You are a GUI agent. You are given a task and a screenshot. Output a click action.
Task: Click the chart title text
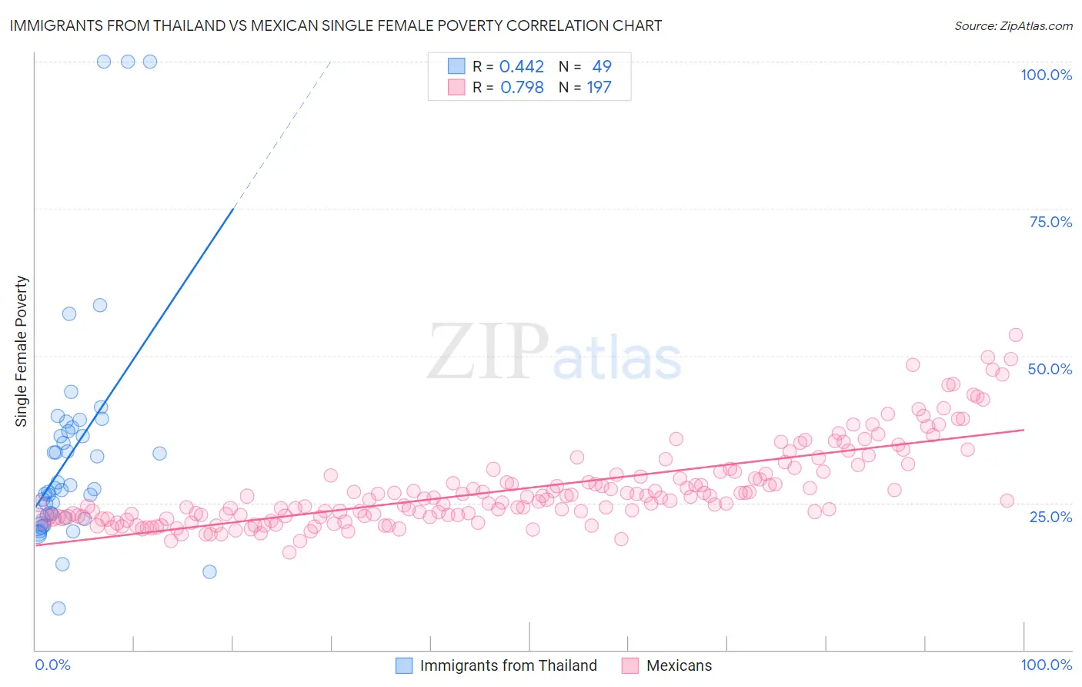[x=336, y=25]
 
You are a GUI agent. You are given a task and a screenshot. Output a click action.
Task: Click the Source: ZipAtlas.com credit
[x=1013, y=26]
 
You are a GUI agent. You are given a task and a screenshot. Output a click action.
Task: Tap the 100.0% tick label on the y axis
[x=1046, y=75]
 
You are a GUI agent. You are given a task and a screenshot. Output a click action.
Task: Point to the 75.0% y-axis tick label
[x=1050, y=222]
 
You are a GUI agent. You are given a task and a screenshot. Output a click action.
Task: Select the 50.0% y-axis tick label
[x=1050, y=369]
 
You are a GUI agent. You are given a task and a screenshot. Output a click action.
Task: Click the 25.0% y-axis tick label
[x=1050, y=516]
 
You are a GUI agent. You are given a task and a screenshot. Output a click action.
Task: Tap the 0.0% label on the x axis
[x=52, y=665]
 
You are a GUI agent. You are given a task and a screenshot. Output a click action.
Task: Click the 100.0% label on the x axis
[x=1046, y=665]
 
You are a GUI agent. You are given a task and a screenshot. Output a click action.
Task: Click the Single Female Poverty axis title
[x=22, y=351]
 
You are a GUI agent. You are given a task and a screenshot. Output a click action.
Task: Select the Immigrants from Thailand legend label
[x=508, y=665]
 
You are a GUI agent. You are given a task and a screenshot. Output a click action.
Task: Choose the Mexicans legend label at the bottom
[x=679, y=665]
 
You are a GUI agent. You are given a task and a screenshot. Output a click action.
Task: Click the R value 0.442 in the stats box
[x=522, y=67]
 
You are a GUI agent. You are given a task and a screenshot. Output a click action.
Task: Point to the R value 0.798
[x=522, y=88]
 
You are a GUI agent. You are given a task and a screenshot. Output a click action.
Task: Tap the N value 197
[x=599, y=88]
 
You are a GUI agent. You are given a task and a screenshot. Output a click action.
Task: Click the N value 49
[x=601, y=67]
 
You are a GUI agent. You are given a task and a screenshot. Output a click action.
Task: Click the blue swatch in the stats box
[x=456, y=66]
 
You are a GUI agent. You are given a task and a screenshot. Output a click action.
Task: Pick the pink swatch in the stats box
[x=456, y=87]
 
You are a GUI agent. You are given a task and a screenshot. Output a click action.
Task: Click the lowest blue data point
[x=58, y=608]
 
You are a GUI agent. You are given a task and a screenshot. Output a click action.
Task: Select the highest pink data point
[x=1015, y=335]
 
